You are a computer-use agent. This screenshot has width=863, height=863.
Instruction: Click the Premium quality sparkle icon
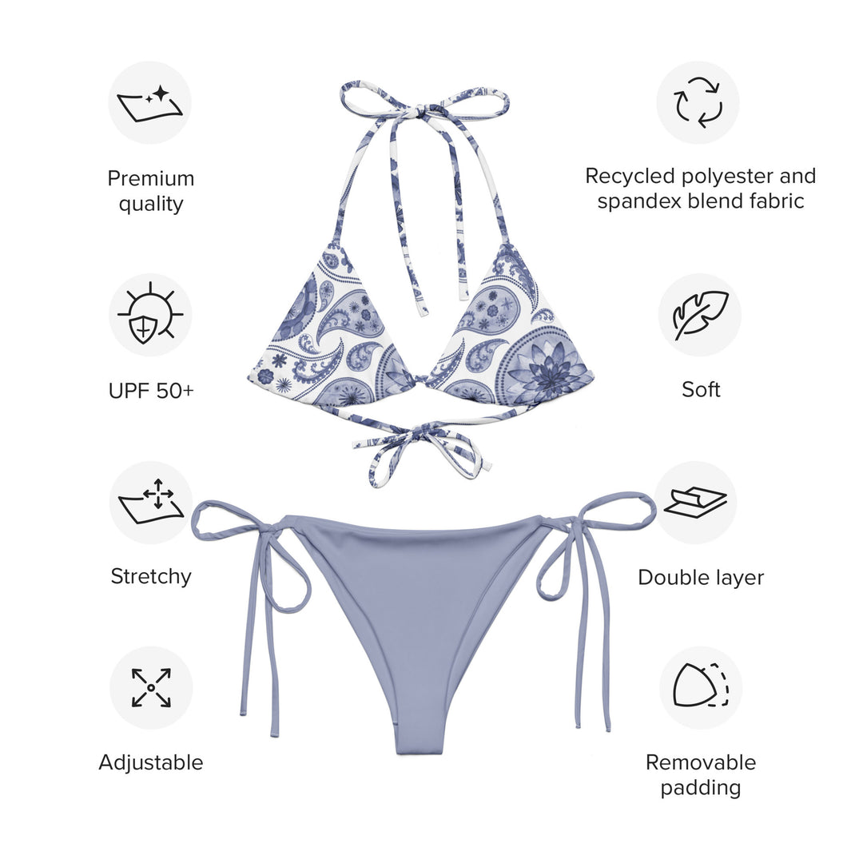click(x=150, y=103)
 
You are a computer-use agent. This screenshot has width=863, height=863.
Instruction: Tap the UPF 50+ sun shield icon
click(x=150, y=315)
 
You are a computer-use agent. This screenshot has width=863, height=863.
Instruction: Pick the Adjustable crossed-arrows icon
click(x=150, y=687)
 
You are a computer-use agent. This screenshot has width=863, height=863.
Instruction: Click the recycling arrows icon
click(x=698, y=102)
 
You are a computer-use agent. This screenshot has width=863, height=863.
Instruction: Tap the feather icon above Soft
click(x=699, y=315)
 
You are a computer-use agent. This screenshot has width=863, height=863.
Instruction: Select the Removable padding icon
click(x=700, y=686)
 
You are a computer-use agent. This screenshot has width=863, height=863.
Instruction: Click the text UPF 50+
click(x=151, y=391)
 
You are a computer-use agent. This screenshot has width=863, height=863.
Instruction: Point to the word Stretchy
click(x=151, y=576)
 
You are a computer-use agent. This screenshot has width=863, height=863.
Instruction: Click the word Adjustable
click(x=151, y=762)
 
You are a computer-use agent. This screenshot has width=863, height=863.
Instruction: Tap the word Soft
click(x=701, y=389)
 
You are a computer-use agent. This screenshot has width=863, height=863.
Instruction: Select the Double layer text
click(x=701, y=577)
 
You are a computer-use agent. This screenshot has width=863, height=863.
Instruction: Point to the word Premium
click(x=151, y=177)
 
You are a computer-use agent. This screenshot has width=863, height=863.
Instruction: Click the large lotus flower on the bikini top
click(x=550, y=368)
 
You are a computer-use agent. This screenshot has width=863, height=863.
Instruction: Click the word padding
click(x=701, y=788)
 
